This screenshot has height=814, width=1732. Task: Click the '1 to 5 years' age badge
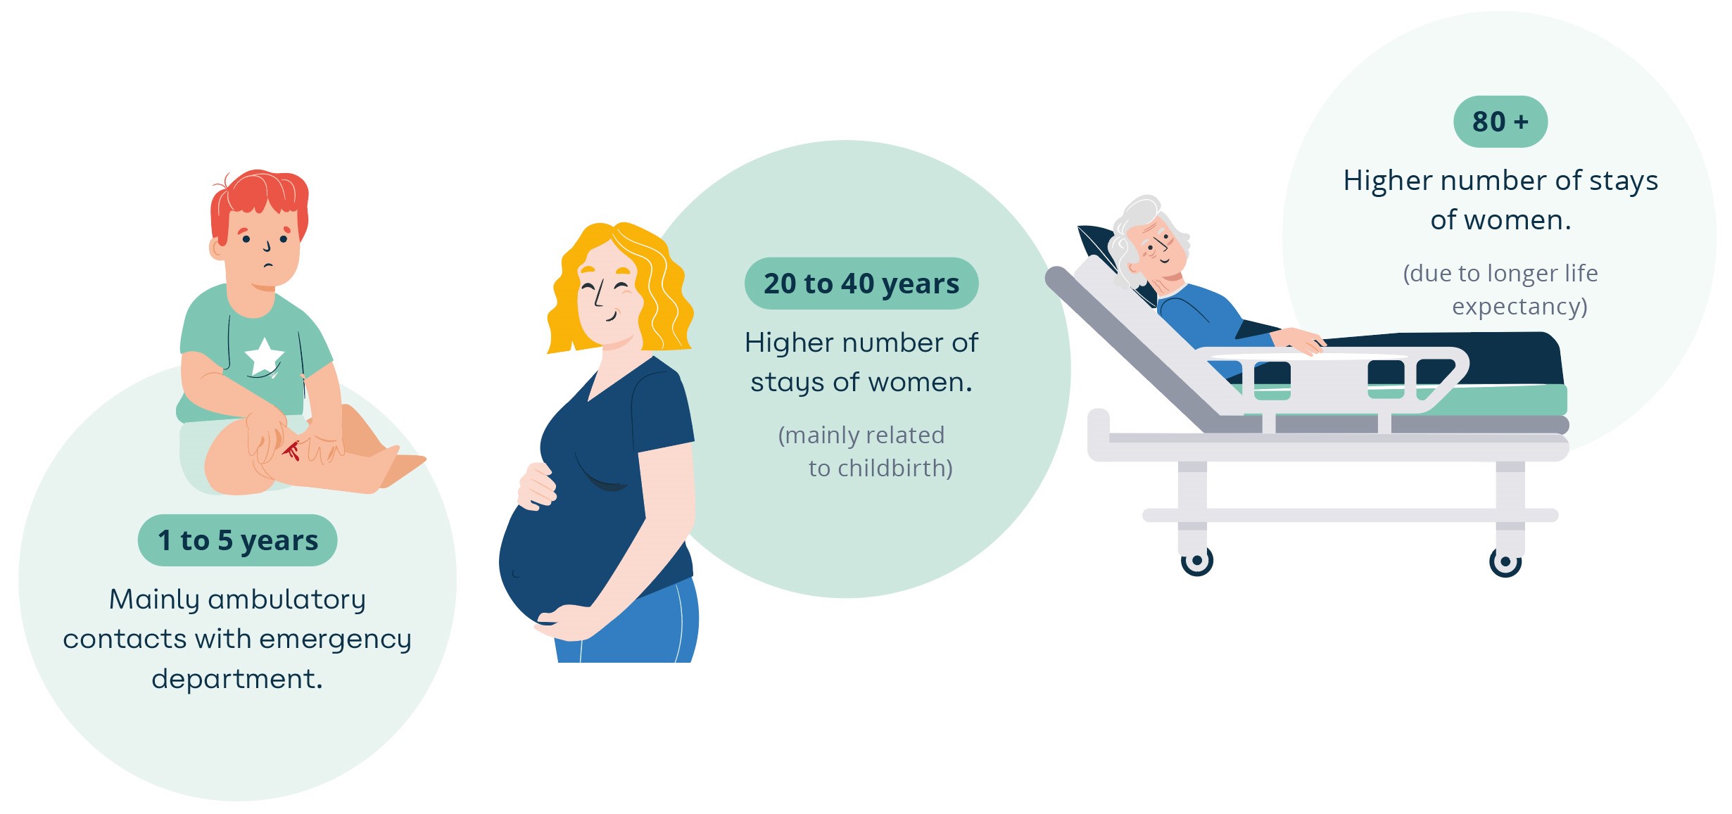237,540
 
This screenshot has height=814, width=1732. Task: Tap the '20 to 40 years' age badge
861,284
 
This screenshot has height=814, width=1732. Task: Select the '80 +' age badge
1500,122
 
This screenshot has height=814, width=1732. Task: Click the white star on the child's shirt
264,356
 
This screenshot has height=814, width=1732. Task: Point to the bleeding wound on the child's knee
292,450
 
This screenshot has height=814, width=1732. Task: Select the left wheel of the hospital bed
1196,561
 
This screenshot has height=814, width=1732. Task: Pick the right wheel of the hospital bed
1505,561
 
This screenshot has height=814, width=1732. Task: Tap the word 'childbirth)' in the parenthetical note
880,468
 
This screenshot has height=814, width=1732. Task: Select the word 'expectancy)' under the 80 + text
1519,307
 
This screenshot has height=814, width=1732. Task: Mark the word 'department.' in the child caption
237,680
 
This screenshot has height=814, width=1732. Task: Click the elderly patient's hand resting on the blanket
1302,341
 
